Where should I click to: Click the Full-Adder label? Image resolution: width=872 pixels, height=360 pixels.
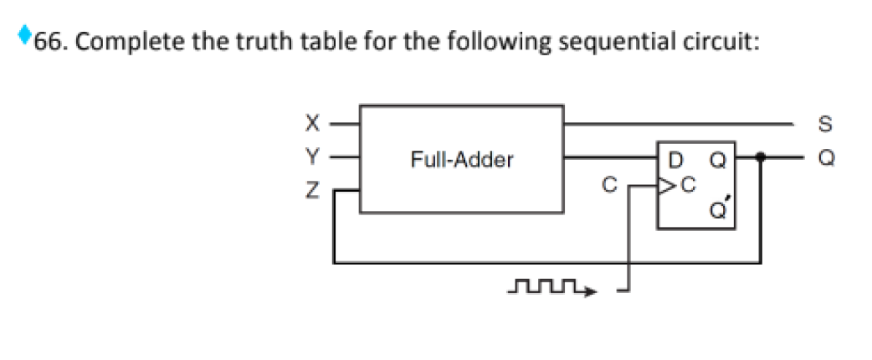(x=461, y=159)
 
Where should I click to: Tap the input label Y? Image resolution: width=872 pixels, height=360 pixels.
(x=311, y=156)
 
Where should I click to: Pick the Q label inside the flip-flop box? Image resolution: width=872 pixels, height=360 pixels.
(x=718, y=157)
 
